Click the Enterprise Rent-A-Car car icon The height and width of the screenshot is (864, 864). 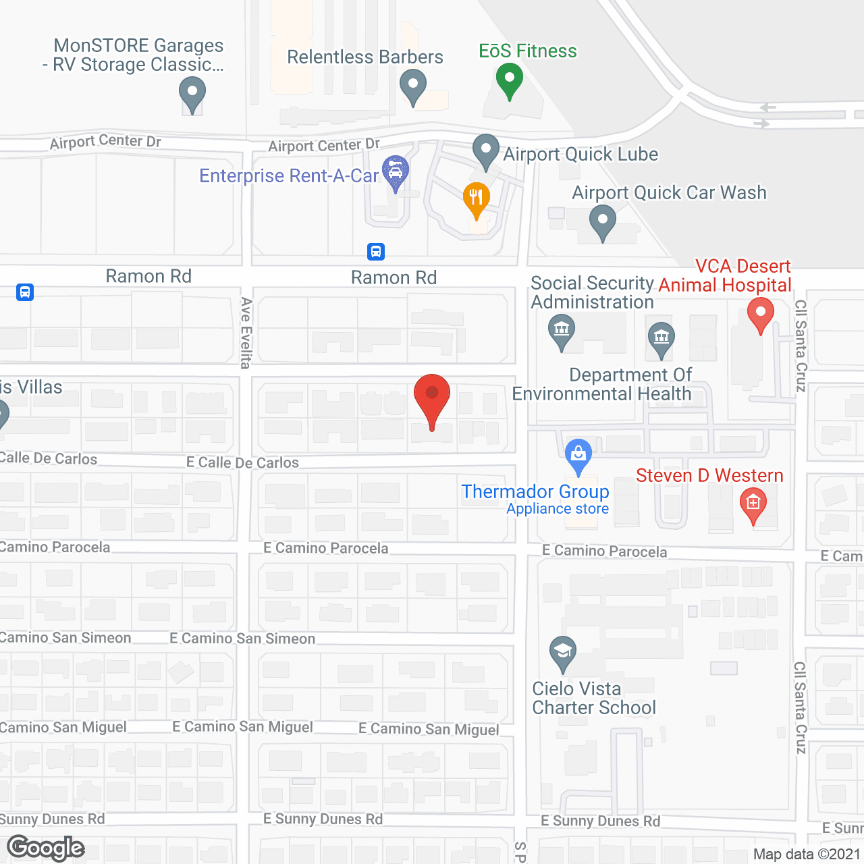[x=396, y=173]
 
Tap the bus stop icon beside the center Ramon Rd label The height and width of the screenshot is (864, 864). [x=376, y=252]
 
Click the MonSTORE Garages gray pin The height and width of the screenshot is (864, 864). [x=192, y=94]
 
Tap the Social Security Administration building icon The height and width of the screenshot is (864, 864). [x=562, y=331]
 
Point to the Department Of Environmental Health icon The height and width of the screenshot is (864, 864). [x=661, y=339]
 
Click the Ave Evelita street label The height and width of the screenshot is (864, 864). [x=246, y=333]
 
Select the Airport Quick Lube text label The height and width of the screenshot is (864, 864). [x=580, y=155]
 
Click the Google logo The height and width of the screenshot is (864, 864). [x=46, y=848]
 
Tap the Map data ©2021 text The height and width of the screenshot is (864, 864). [x=807, y=854]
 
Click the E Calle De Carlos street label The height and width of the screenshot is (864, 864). [x=243, y=462]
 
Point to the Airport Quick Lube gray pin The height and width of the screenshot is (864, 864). [x=485, y=152]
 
